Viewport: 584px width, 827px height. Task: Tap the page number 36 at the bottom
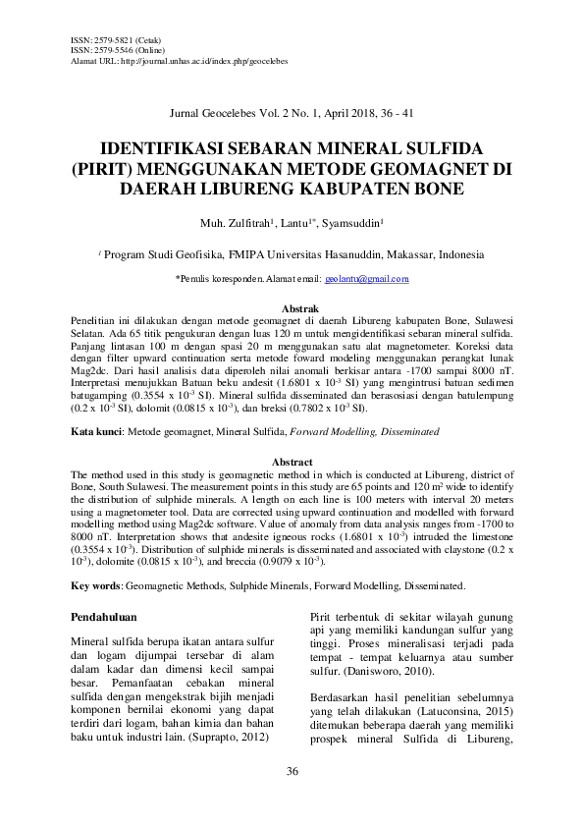click(292, 771)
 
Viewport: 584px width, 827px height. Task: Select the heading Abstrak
click(292, 308)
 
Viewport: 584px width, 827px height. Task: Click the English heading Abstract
click(292, 462)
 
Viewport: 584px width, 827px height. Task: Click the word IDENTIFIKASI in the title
click(179, 149)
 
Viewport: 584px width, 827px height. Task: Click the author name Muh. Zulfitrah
click(233, 223)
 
